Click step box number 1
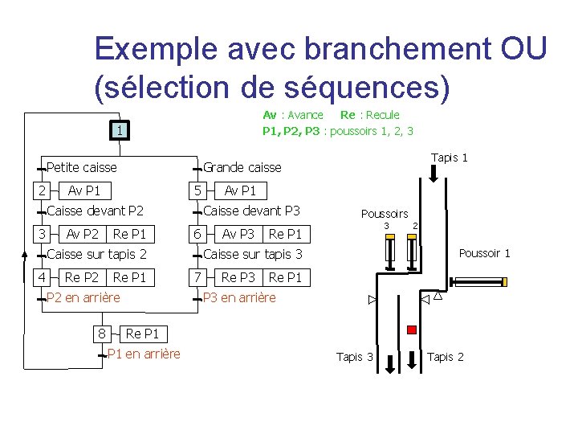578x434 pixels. coord(119,129)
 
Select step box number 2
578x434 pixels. coord(42,190)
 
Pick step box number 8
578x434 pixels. coord(102,334)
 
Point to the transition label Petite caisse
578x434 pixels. coord(81,168)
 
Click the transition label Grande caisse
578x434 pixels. coord(242,168)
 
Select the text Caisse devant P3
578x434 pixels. coord(251,211)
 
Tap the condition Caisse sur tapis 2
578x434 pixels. coord(96,255)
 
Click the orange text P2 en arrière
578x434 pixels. coord(83,298)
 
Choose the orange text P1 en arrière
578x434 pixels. coord(144,354)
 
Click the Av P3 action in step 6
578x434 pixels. coord(238,234)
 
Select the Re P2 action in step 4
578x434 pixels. coord(81,277)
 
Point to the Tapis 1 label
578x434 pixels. coord(450,158)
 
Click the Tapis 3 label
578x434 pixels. coord(354,357)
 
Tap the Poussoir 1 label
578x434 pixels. coord(484,254)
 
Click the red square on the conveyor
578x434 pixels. coord(412,330)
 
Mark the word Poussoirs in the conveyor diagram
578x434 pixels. coord(385,214)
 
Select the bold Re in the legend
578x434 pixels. coord(348,115)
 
